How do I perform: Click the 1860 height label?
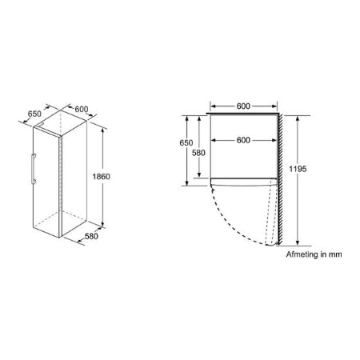tap(122, 177)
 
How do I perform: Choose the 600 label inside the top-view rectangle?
tap(245, 139)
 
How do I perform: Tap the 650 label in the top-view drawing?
tap(186, 142)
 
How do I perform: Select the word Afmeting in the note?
tap(302, 254)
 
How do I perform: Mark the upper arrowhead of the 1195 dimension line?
tap(298, 117)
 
